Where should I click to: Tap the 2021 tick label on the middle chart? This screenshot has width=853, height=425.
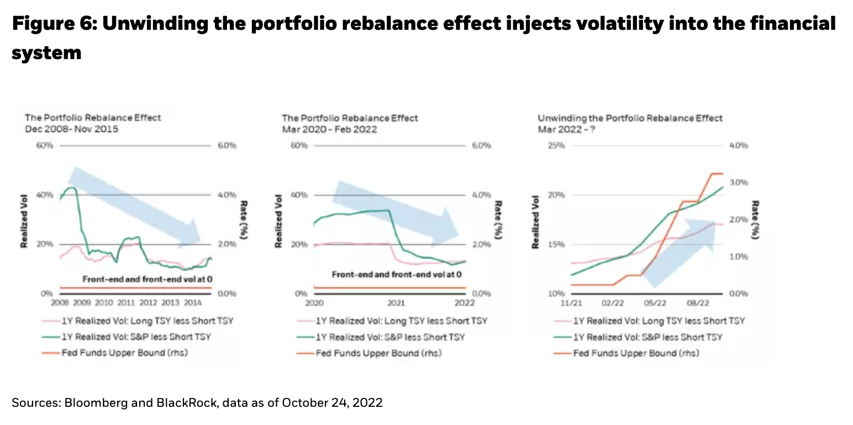[x=396, y=303]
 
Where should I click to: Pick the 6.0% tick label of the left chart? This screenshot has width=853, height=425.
[x=227, y=146]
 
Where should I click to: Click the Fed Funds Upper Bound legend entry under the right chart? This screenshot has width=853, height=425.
[x=635, y=353]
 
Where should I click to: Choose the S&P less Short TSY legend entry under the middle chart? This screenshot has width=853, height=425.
[x=390, y=337]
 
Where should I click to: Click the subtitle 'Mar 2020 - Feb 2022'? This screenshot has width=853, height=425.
[x=329, y=129]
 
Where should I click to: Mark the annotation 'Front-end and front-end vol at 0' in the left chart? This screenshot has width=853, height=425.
[x=148, y=280]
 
